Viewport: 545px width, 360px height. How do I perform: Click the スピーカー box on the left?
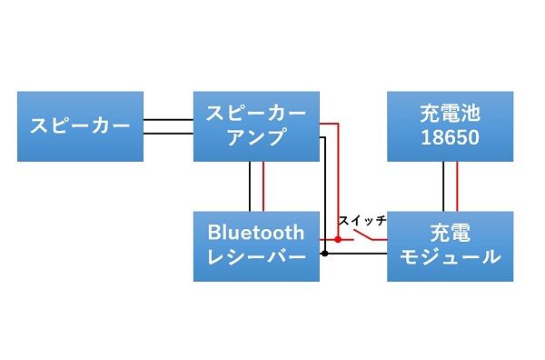pyautogui.click(x=80, y=125)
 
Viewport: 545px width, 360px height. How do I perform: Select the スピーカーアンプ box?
pyautogui.click(x=256, y=125)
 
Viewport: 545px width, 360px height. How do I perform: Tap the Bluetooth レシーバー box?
pyautogui.click(x=256, y=245)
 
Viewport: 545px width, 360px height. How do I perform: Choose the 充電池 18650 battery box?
pyautogui.click(x=451, y=125)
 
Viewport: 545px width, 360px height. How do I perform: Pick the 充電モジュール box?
pyautogui.click(x=451, y=245)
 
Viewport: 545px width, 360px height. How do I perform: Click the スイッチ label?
pyautogui.click(x=362, y=221)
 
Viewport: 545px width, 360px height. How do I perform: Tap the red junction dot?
pyautogui.click(x=338, y=239)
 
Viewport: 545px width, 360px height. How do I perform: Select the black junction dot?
pyautogui.click(x=324, y=254)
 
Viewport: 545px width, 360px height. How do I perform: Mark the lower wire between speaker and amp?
pyautogui.click(x=168, y=134)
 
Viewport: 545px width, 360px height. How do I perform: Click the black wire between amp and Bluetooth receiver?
pyautogui.click(x=249, y=186)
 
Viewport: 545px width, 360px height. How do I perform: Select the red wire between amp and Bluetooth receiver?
pyautogui.click(x=263, y=186)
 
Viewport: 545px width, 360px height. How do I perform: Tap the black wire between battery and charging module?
pyautogui.click(x=443, y=186)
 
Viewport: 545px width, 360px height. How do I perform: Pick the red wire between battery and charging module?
pyautogui.click(x=457, y=186)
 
